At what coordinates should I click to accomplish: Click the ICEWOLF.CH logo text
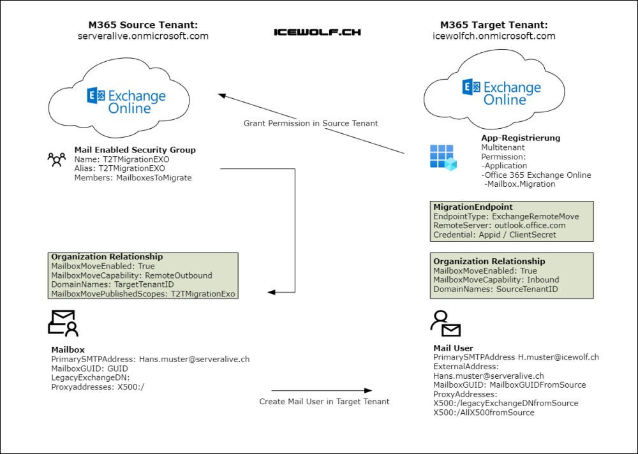(x=317, y=31)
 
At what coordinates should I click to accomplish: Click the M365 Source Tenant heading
(x=143, y=25)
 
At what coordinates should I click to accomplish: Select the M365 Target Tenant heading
(x=494, y=25)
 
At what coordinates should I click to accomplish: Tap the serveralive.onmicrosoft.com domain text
(x=143, y=36)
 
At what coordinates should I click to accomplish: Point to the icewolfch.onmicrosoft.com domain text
(x=494, y=36)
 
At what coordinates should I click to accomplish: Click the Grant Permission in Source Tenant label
(x=311, y=123)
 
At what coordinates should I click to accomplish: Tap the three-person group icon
(x=57, y=159)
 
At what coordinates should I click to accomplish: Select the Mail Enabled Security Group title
(x=135, y=150)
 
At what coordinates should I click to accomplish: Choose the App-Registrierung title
(x=521, y=138)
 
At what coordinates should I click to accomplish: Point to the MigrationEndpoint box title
(x=472, y=207)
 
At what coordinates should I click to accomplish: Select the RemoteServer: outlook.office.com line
(x=500, y=226)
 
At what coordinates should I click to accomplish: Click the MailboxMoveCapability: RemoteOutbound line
(x=131, y=275)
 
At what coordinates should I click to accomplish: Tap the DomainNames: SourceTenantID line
(x=496, y=289)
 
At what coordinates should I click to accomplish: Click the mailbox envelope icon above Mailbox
(x=63, y=323)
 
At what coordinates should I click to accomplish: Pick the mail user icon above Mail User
(x=445, y=324)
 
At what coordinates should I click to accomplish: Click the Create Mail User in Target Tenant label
(x=324, y=402)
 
